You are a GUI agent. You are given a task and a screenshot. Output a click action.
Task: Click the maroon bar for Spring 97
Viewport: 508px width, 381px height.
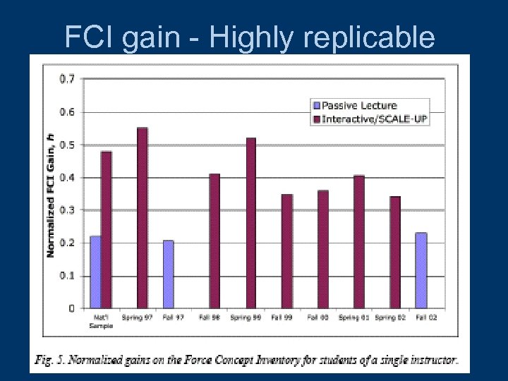pyautogui.click(x=143, y=218)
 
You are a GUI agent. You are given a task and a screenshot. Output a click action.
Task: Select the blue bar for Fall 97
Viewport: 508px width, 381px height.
pyautogui.click(x=168, y=274)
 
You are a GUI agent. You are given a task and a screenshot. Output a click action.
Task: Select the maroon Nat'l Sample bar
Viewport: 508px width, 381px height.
pyautogui.click(x=106, y=229)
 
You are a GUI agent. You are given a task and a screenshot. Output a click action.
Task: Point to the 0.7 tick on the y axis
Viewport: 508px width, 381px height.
pyautogui.click(x=68, y=79)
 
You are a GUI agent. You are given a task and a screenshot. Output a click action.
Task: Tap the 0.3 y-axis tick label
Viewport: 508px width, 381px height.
pyautogui.click(x=68, y=210)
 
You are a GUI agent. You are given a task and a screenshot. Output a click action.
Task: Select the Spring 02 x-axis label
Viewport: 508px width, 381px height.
pyautogui.click(x=389, y=318)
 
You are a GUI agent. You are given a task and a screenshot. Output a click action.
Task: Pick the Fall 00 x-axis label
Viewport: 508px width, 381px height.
pyautogui.click(x=317, y=318)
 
